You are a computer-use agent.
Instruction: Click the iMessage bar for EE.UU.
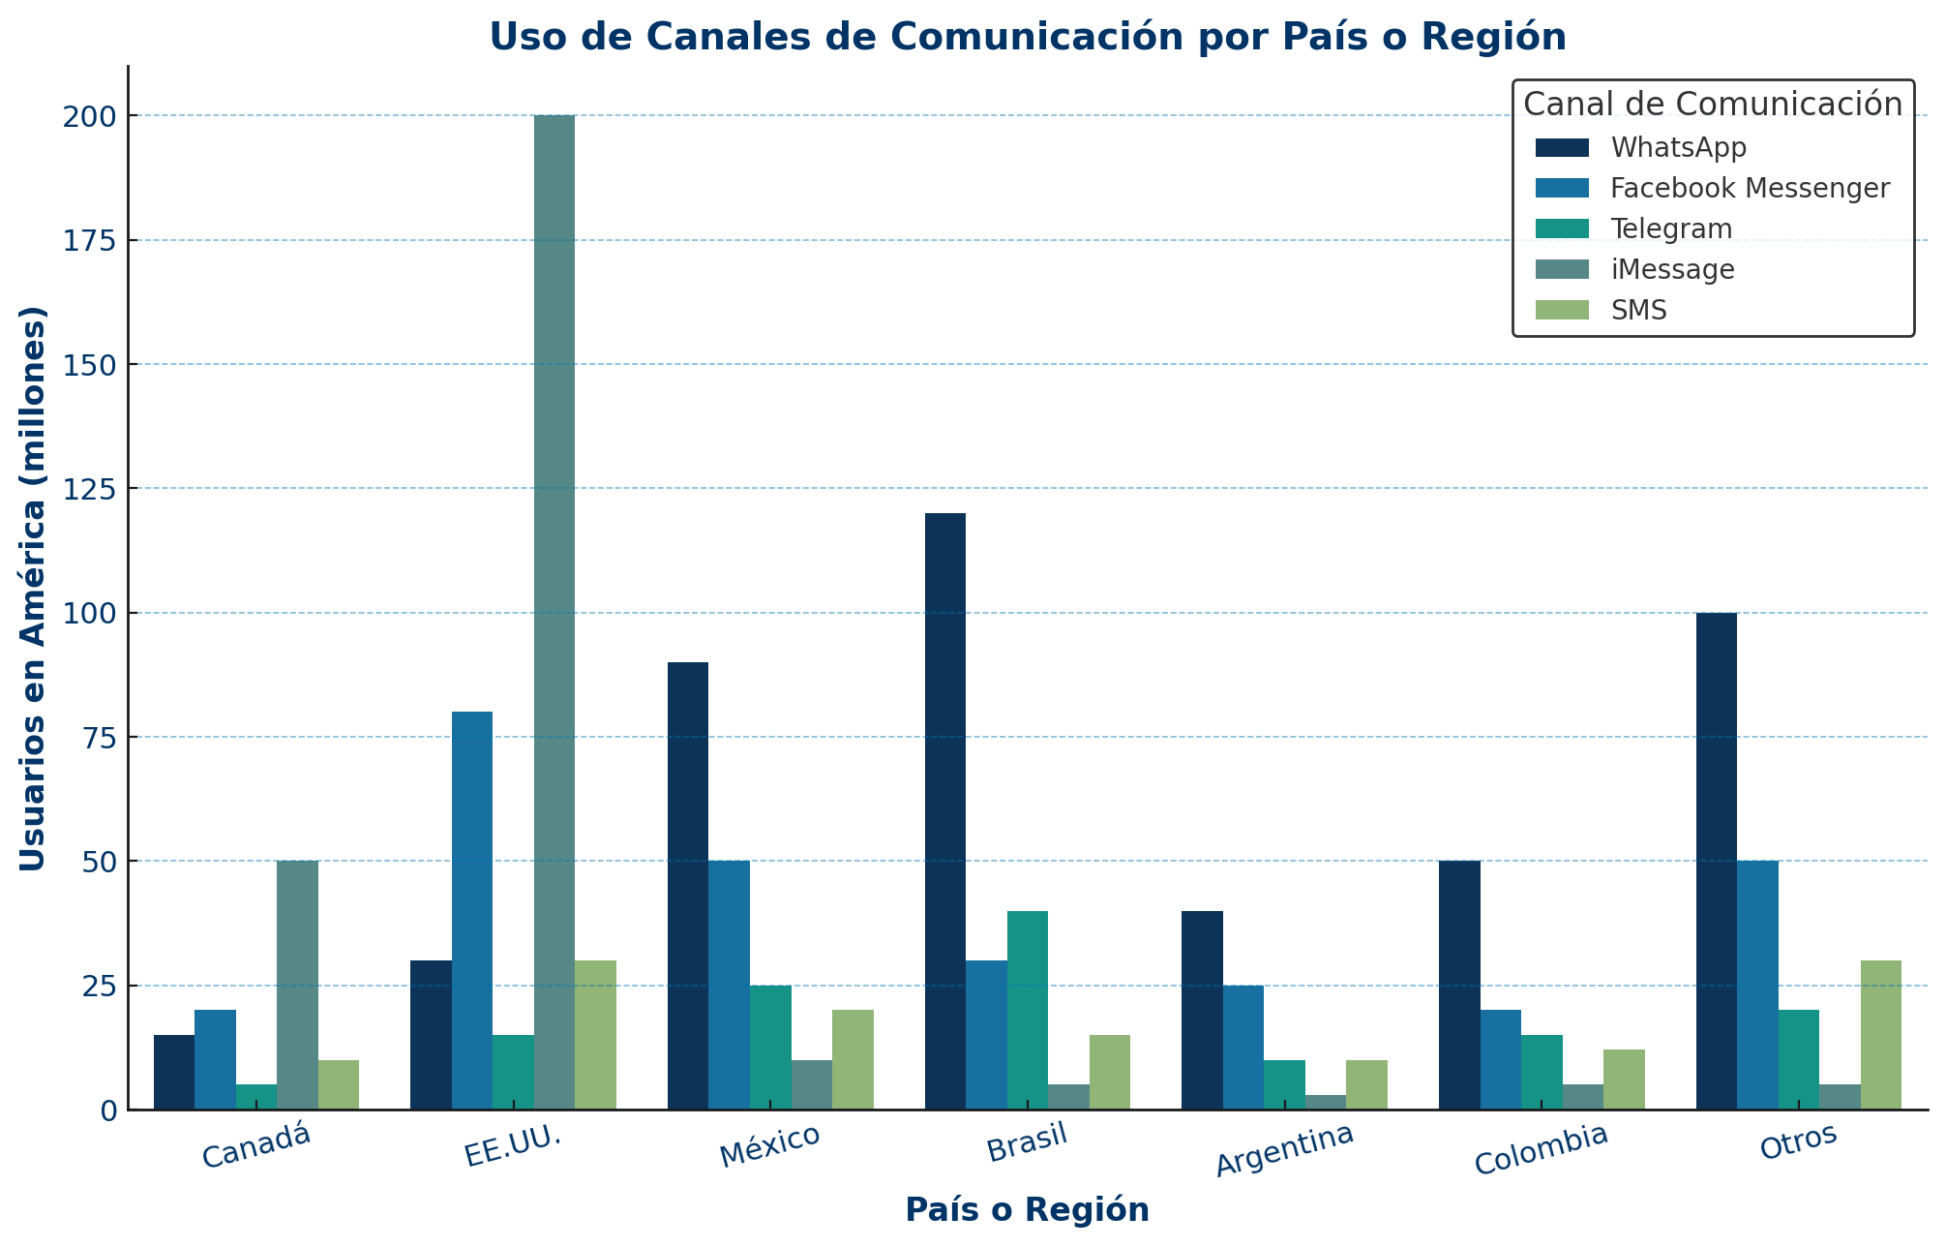click(x=554, y=612)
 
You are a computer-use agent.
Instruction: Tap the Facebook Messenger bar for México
click(x=729, y=985)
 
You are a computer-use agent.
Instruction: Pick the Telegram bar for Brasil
click(x=1027, y=1010)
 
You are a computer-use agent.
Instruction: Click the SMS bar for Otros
click(x=1880, y=1035)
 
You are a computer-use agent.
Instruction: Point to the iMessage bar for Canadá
click(x=297, y=985)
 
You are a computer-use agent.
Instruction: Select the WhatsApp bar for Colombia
click(x=1459, y=985)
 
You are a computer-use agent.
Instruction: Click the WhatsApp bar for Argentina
click(x=1202, y=1010)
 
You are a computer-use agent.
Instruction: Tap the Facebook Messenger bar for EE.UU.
click(x=471, y=910)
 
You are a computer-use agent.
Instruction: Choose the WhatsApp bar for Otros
click(x=1716, y=861)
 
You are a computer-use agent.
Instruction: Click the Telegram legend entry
click(x=1671, y=228)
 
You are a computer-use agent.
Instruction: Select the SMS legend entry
click(x=1639, y=310)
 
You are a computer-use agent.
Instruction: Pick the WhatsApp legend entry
click(x=1678, y=147)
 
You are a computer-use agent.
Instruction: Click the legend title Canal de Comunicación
click(x=1713, y=104)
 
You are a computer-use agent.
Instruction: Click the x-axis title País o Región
click(x=1027, y=1210)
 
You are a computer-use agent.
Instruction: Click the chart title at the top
click(x=1027, y=37)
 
